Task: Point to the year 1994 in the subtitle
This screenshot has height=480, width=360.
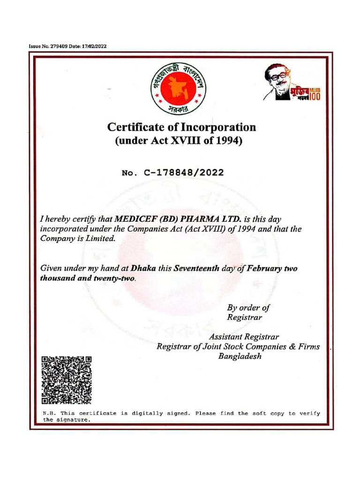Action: click(229, 140)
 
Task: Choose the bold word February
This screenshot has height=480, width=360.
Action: click(263, 269)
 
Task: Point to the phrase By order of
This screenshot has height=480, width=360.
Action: click(248, 308)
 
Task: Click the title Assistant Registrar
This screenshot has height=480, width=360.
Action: click(244, 337)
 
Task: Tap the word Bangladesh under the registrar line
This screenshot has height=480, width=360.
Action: click(240, 356)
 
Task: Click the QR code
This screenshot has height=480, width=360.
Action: click(66, 380)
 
